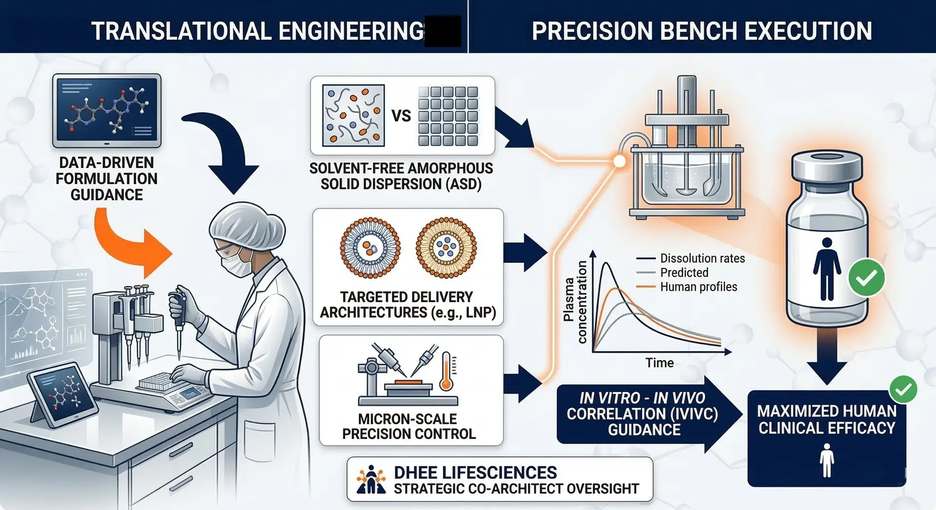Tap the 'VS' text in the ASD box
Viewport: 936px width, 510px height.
401,116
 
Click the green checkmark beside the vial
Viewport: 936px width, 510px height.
866,278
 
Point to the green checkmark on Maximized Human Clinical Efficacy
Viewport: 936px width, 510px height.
903,389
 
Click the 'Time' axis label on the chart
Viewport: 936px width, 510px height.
660,363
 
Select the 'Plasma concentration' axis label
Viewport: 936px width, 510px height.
575,302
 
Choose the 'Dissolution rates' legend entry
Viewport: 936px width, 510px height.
702,258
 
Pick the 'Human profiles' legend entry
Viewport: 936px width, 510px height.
698,287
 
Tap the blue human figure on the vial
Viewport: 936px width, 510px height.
827,269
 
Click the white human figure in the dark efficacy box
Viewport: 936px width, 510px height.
827,460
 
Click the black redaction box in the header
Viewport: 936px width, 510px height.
443,31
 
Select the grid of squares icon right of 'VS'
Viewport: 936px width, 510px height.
448,116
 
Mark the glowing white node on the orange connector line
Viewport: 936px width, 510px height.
619,161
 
